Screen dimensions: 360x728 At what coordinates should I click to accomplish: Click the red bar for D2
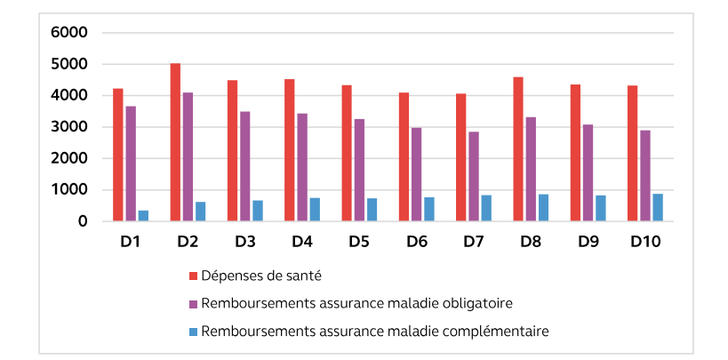[x=175, y=142]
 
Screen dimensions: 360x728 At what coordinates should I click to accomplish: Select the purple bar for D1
[x=131, y=164]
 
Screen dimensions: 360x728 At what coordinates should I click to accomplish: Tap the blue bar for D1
[x=143, y=215]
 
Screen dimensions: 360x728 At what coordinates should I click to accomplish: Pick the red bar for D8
[x=518, y=149]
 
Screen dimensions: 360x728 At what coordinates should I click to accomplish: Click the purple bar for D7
[x=474, y=176]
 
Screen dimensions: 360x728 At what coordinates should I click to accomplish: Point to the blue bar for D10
[x=657, y=207]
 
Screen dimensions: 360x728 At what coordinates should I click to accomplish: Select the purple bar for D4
[x=302, y=167]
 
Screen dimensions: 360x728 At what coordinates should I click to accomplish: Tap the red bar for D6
[x=404, y=156]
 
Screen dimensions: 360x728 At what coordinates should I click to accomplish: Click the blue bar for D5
[x=372, y=210]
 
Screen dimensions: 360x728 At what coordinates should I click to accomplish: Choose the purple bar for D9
[x=588, y=172]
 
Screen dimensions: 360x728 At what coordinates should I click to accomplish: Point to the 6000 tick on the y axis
[x=69, y=33]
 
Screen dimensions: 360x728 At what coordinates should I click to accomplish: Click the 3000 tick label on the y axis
[x=69, y=127]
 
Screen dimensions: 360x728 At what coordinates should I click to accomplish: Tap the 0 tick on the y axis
[x=82, y=221]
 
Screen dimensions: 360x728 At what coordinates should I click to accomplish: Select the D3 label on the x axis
[x=244, y=242]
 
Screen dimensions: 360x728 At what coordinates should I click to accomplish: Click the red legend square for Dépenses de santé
[x=193, y=275]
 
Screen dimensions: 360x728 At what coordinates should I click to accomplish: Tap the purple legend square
[x=193, y=303]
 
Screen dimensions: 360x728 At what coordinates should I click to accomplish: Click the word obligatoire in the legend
[x=480, y=303]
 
